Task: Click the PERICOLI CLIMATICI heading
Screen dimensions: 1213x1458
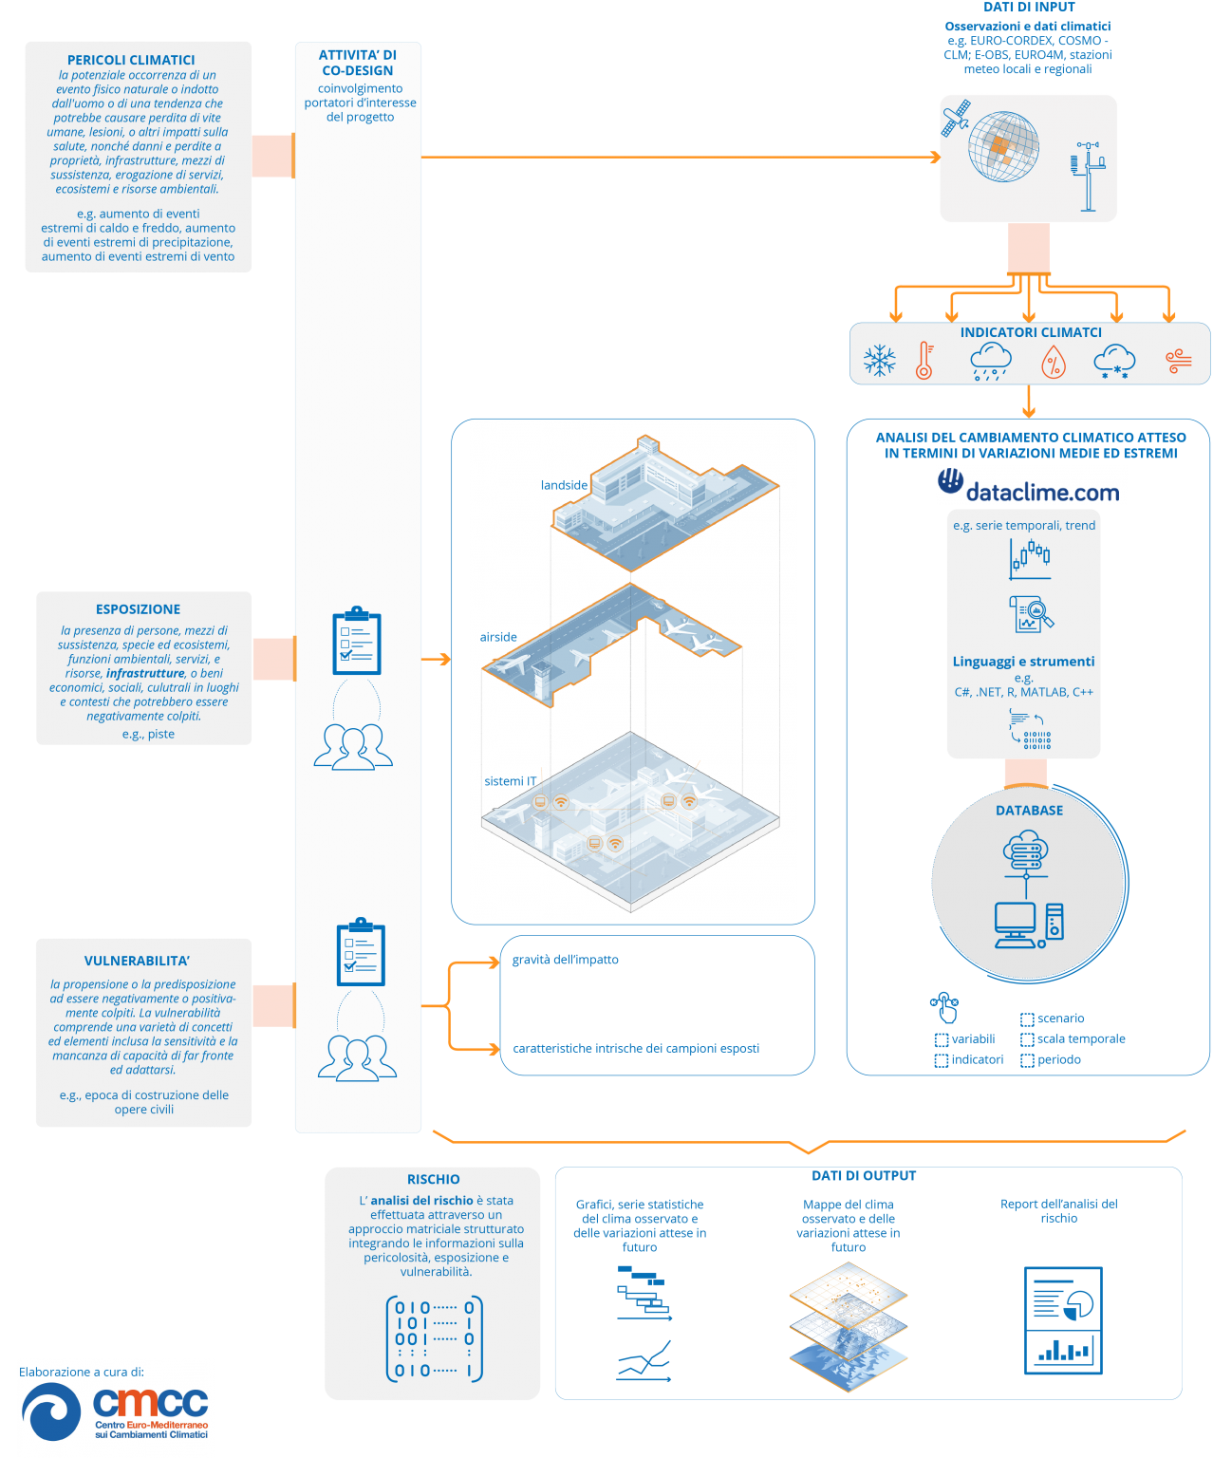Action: coord(131,60)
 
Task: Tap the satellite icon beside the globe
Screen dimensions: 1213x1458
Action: coord(955,118)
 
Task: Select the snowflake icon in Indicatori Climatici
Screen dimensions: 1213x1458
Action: coord(879,361)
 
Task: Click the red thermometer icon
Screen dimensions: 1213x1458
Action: coord(924,361)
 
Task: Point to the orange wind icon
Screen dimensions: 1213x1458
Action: coord(1177,361)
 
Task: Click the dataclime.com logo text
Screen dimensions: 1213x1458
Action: coord(1041,493)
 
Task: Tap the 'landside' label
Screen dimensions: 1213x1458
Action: coord(564,485)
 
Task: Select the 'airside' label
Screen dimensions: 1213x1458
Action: coord(498,637)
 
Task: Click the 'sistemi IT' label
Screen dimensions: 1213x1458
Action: coord(510,780)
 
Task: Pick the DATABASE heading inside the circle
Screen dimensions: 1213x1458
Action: coord(1029,810)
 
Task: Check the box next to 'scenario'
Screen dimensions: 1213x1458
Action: coord(1026,1019)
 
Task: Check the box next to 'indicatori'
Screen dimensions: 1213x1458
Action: coord(941,1060)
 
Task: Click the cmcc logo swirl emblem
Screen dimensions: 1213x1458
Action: coord(51,1411)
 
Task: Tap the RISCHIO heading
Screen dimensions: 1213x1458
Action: coord(433,1179)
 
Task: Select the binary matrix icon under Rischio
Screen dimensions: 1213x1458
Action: coord(434,1337)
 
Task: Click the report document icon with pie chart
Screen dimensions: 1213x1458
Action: coord(1062,1319)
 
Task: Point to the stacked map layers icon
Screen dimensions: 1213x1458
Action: coord(848,1326)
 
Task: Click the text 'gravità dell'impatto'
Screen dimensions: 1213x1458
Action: coord(565,960)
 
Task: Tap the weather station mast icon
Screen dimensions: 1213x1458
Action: coord(1088,176)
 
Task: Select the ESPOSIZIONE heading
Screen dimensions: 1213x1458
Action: coord(138,608)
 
